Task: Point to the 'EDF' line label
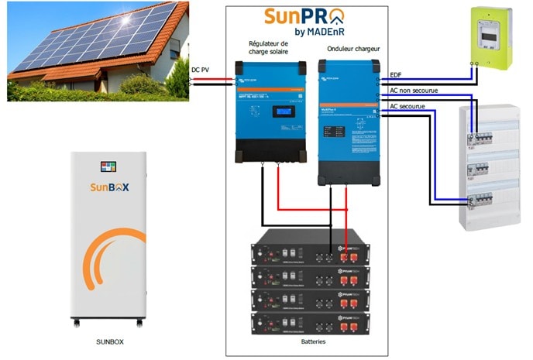[x=396, y=75]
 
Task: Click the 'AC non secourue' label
[x=414, y=91]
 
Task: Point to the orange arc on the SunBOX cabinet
[x=116, y=255]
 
